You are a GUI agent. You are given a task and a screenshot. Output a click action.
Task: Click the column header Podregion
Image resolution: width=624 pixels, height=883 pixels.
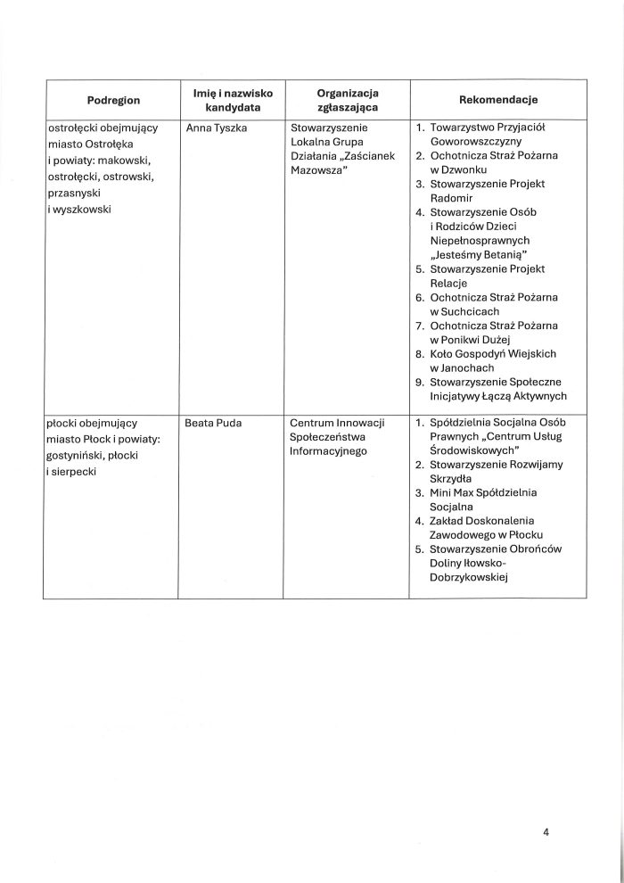tap(113, 99)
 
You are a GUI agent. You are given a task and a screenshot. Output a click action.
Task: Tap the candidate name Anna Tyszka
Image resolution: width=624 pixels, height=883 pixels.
tap(217, 128)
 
